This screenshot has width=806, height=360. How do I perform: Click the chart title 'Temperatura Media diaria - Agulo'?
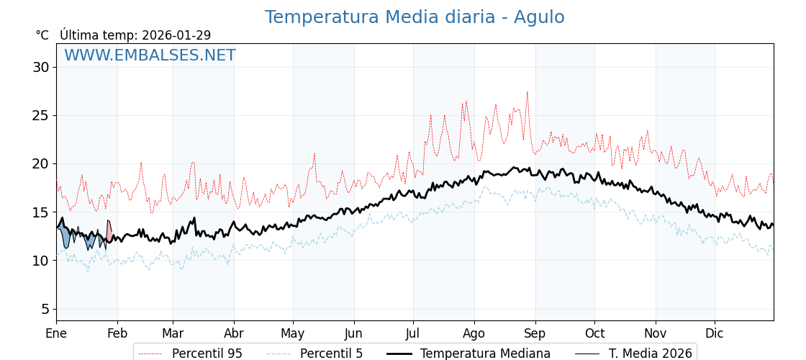pos(415,17)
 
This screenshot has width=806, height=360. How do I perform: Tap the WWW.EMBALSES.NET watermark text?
pos(150,55)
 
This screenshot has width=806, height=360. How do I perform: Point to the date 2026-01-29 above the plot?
pos(176,35)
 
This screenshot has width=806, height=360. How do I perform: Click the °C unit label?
pos(42,35)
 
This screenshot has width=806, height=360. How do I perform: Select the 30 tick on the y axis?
pos(40,67)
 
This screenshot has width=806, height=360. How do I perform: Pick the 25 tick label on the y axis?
pos(40,115)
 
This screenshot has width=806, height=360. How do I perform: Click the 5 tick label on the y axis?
pos(45,309)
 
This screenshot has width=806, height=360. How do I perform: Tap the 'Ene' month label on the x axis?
pos(56,333)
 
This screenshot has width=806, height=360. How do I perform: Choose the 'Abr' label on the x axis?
pos(234,333)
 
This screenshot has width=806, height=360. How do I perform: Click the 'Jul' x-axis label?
pos(413,333)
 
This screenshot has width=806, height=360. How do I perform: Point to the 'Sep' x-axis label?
pos(535,333)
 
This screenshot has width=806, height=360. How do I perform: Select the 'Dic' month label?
pos(715,333)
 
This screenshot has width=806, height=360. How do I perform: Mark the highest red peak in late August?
pos(527,92)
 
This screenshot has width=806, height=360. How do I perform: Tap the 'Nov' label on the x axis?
pos(656,333)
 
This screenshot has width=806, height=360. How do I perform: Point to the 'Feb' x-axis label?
pos(117,333)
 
